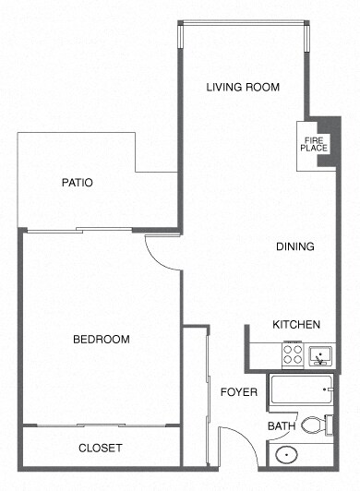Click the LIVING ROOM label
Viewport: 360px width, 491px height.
point(243,88)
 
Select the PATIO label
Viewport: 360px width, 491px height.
point(78,182)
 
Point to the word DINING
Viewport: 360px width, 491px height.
point(295,246)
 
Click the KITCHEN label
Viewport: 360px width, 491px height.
point(296,325)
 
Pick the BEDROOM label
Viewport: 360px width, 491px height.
point(101,340)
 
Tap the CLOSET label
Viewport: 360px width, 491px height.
point(100,448)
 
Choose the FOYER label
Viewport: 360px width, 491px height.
point(238,392)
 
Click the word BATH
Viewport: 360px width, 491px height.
point(281,426)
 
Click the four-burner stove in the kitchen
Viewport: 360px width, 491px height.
point(293,353)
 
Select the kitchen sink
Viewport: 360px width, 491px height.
point(321,353)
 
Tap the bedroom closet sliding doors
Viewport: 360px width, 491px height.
point(100,426)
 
